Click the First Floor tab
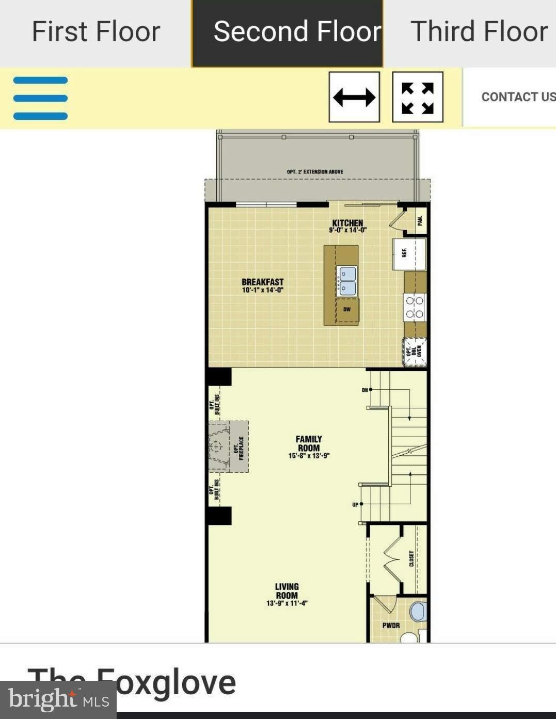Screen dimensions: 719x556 [x=96, y=32]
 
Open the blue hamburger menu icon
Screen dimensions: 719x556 [x=40, y=98]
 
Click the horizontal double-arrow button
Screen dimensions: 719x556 [x=354, y=97]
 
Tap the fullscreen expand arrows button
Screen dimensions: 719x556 [x=417, y=97]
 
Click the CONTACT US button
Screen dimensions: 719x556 [x=518, y=97]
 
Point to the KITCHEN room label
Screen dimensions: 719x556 [x=347, y=226]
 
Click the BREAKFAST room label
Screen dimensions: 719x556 [x=262, y=285]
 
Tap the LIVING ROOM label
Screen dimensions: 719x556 [x=287, y=594]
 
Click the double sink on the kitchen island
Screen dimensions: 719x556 [x=347, y=281]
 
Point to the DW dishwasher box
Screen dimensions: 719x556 [x=347, y=310]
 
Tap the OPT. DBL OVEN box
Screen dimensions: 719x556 [x=415, y=351]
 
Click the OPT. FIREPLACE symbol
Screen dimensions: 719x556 [x=229, y=446]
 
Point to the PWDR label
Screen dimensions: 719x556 [x=391, y=626]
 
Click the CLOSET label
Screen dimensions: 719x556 [x=411, y=558]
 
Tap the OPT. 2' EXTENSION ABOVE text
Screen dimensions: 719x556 [x=315, y=172]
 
